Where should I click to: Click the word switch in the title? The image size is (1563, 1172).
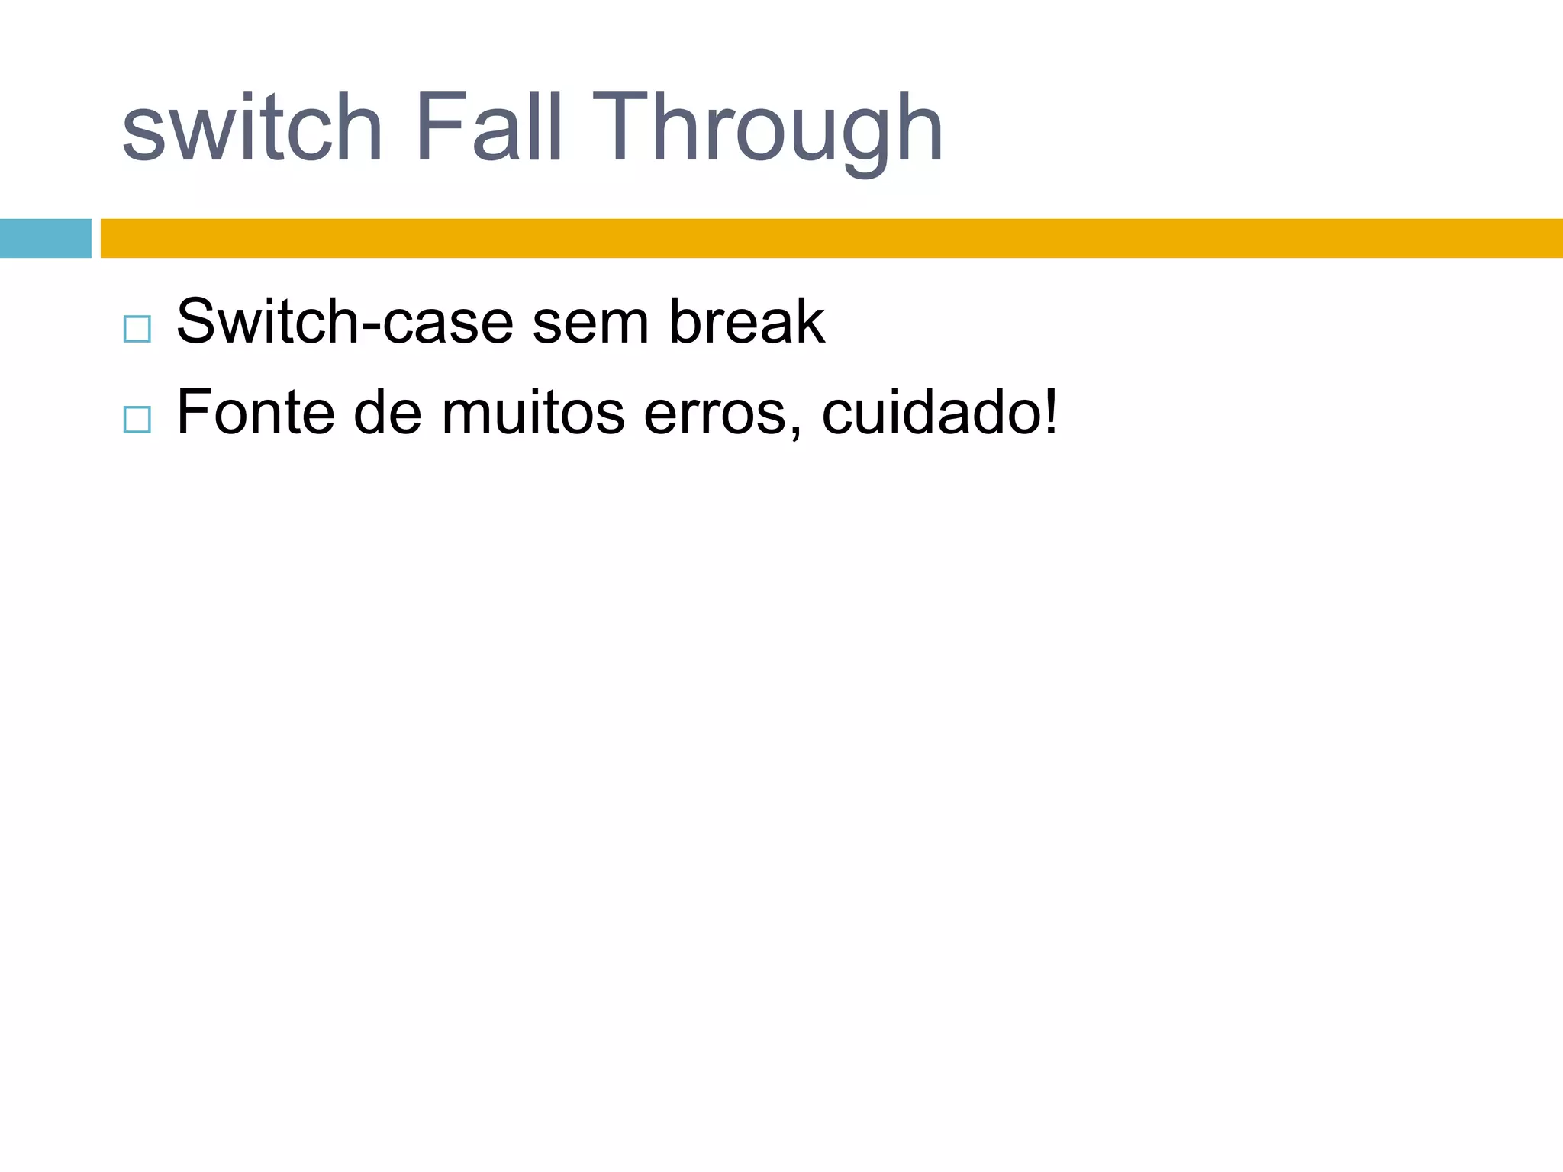[x=252, y=128]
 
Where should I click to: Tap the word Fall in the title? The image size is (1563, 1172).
[x=489, y=128]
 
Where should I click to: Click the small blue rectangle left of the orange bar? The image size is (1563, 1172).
[x=45, y=238]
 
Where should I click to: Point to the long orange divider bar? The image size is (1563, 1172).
[x=831, y=238]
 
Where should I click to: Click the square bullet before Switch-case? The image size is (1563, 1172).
[x=137, y=329]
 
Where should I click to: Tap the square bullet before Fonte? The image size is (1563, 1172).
[x=137, y=420]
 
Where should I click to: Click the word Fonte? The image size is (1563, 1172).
[x=256, y=413]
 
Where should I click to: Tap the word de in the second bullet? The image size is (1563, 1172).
[x=388, y=413]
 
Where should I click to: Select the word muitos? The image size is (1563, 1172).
[x=533, y=413]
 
